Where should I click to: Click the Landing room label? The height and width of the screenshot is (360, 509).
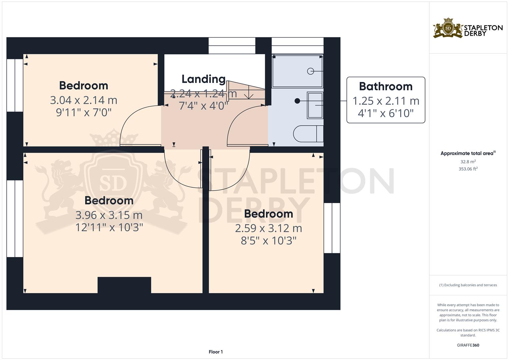[x=204, y=79]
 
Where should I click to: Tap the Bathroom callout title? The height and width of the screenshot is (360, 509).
[x=386, y=87]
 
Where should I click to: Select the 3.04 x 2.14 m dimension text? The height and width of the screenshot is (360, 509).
[x=84, y=100]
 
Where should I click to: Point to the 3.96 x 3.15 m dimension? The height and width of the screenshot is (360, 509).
[x=109, y=215]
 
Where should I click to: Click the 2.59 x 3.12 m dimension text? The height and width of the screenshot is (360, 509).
[x=269, y=228]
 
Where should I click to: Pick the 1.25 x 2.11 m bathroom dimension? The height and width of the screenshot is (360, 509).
[x=386, y=101]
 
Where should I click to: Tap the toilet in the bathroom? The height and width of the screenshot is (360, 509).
[x=308, y=134]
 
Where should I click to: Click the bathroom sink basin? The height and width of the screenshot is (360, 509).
[x=315, y=105]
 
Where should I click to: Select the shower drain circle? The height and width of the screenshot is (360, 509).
[x=310, y=71]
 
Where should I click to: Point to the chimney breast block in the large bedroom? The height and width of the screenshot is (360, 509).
[x=124, y=285]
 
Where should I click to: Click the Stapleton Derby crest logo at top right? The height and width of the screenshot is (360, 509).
[x=448, y=28]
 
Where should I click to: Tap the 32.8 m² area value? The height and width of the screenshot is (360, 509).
[x=468, y=162]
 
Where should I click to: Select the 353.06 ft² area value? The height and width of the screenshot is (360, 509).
[x=468, y=169]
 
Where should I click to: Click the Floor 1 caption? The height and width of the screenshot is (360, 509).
[x=216, y=352]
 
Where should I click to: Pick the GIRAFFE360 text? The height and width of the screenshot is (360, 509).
[x=468, y=345]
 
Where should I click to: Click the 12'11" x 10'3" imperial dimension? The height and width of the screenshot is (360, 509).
[x=109, y=227]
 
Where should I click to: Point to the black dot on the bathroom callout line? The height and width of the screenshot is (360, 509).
[x=297, y=101]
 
